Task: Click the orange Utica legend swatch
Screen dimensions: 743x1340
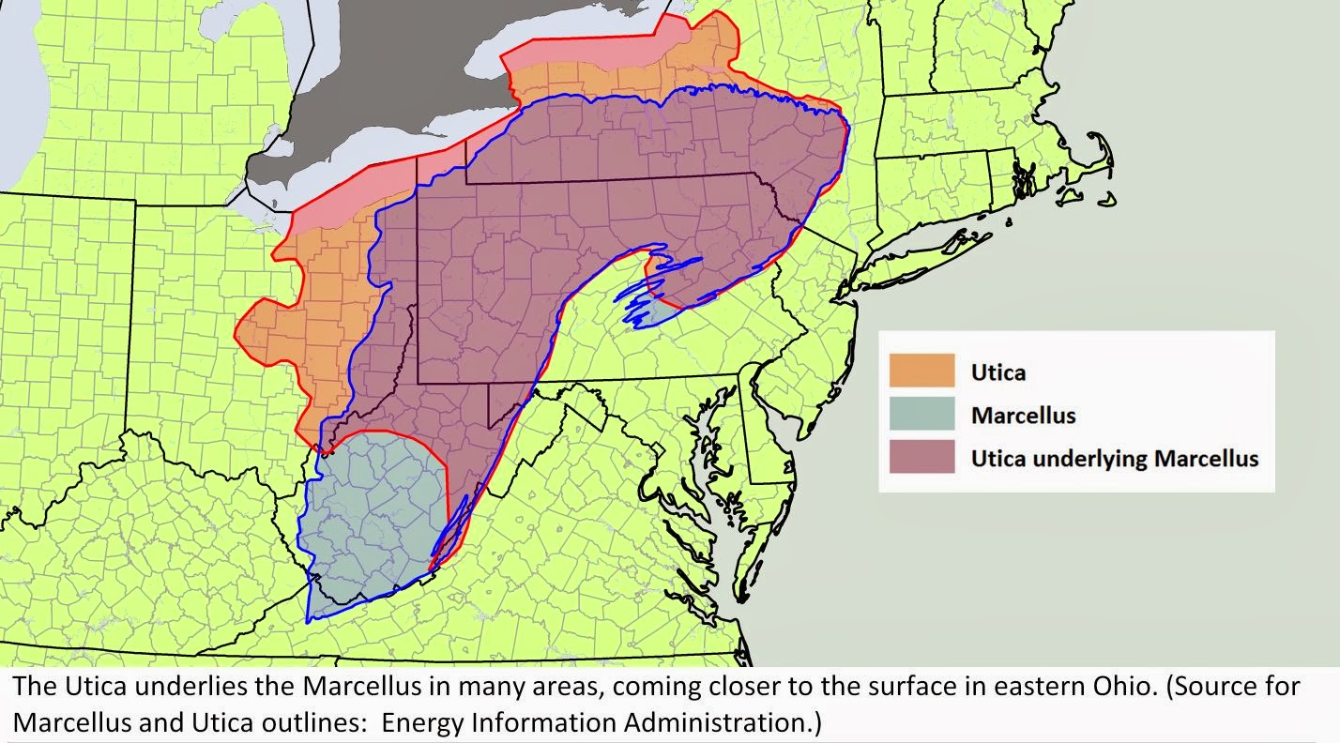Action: point(921,371)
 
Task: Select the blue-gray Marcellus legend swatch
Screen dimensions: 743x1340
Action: point(921,414)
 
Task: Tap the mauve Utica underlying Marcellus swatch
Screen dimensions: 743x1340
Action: point(921,457)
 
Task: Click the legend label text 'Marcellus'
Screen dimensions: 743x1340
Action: point(1023,416)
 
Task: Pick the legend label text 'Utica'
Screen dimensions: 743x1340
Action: point(998,372)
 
